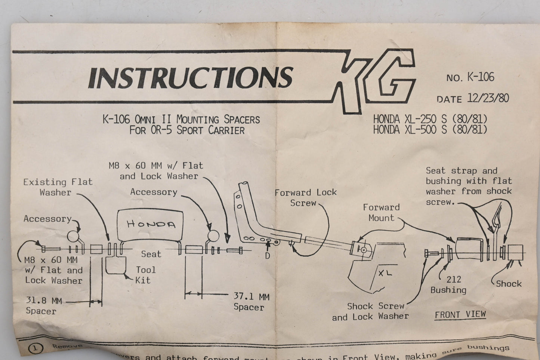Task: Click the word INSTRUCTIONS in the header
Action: point(190,77)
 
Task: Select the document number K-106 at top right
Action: point(480,77)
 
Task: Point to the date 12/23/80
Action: point(488,98)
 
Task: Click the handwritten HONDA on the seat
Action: point(151,224)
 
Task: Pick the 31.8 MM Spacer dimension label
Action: point(43,305)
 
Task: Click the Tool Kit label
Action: point(145,275)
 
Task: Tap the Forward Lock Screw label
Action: point(305,198)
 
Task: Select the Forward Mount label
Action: point(381,212)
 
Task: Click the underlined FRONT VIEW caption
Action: point(460,315)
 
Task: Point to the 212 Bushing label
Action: point(449,284)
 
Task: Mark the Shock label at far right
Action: point(509,284)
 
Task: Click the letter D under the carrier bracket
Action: point(268,256)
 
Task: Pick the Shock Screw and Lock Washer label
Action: point(370,311)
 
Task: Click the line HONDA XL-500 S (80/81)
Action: point(430,130)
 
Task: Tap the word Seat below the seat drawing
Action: point(151,254)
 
